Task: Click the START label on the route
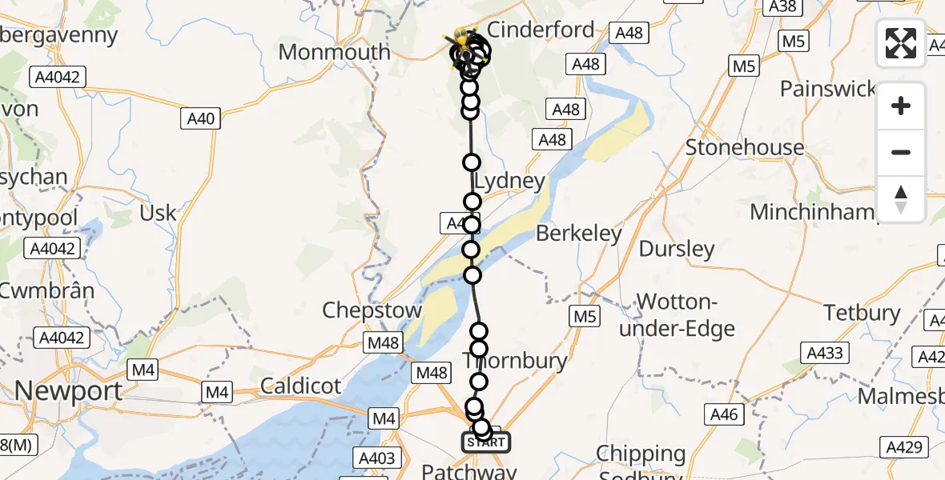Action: pos(485,442)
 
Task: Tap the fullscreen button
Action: pos(901,43)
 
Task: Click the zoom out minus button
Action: pos(901,152)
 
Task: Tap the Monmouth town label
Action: pos(334,53)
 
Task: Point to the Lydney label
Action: pos(509,181)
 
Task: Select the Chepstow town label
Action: pos(372,310)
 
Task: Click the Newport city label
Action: pos(69,391)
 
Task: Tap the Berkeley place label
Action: pos(579,234)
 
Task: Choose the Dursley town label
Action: pos(677,250)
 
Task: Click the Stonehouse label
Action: pos(745,148)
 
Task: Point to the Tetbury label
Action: pos(862,313)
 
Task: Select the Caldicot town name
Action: pos(300,386)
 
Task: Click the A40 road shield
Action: pos(200,119)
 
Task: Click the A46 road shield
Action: pos(724,414)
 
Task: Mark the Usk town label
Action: pos(158,214)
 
